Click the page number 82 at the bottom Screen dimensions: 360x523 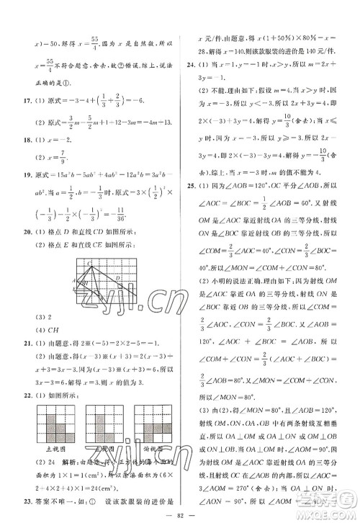click(x=180, y=516)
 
